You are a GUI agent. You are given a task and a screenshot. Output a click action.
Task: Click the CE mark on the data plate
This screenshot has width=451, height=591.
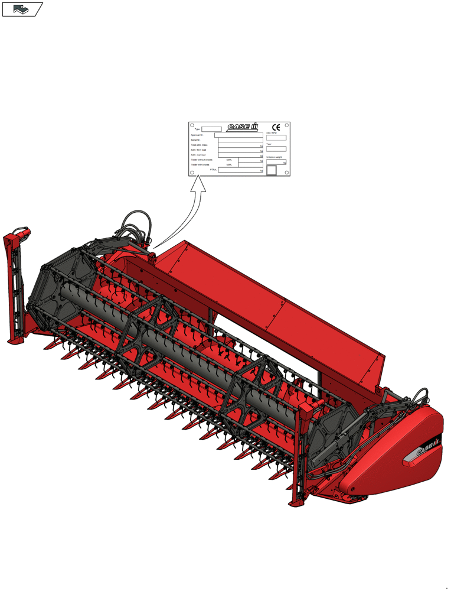pyautogui.click(x=276, y=127)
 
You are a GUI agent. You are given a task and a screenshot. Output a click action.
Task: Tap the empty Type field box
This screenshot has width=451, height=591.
pyautogui.click(x=211, y=129)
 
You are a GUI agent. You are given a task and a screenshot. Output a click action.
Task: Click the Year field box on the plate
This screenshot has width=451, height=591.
pyautogui.click(x=276, y=149)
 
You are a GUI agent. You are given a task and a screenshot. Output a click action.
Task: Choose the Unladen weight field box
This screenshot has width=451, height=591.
pyautogui.click(x=276, y=161)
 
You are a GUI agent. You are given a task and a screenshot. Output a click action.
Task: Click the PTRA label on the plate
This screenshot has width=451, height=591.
pyautogui.click(x=213, y=170)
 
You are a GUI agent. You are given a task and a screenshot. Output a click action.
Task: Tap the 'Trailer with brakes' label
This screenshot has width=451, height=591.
pyautogui.click(x=201, y=165)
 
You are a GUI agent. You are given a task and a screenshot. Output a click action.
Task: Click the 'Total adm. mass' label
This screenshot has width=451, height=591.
pyautogui.click(x=199, y=145)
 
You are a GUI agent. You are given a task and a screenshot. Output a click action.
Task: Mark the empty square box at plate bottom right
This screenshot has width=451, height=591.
pyautogui.click(x=271, y=170)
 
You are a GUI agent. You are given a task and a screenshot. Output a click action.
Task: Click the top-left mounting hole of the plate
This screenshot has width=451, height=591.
pyautogui.click(x=192, y=125)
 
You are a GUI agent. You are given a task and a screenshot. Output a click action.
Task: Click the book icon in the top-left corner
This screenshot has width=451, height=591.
pyautogui.click(x=21, y=9)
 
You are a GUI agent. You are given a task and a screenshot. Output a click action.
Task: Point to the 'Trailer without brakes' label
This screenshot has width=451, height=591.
pyautogui.click(x=202, y=160)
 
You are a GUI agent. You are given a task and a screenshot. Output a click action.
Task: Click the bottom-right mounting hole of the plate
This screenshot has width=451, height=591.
pyautogui.click(x=287, y=173)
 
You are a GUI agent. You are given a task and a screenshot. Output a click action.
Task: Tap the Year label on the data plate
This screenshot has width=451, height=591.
pyautogui.click(x=269, y=144)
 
